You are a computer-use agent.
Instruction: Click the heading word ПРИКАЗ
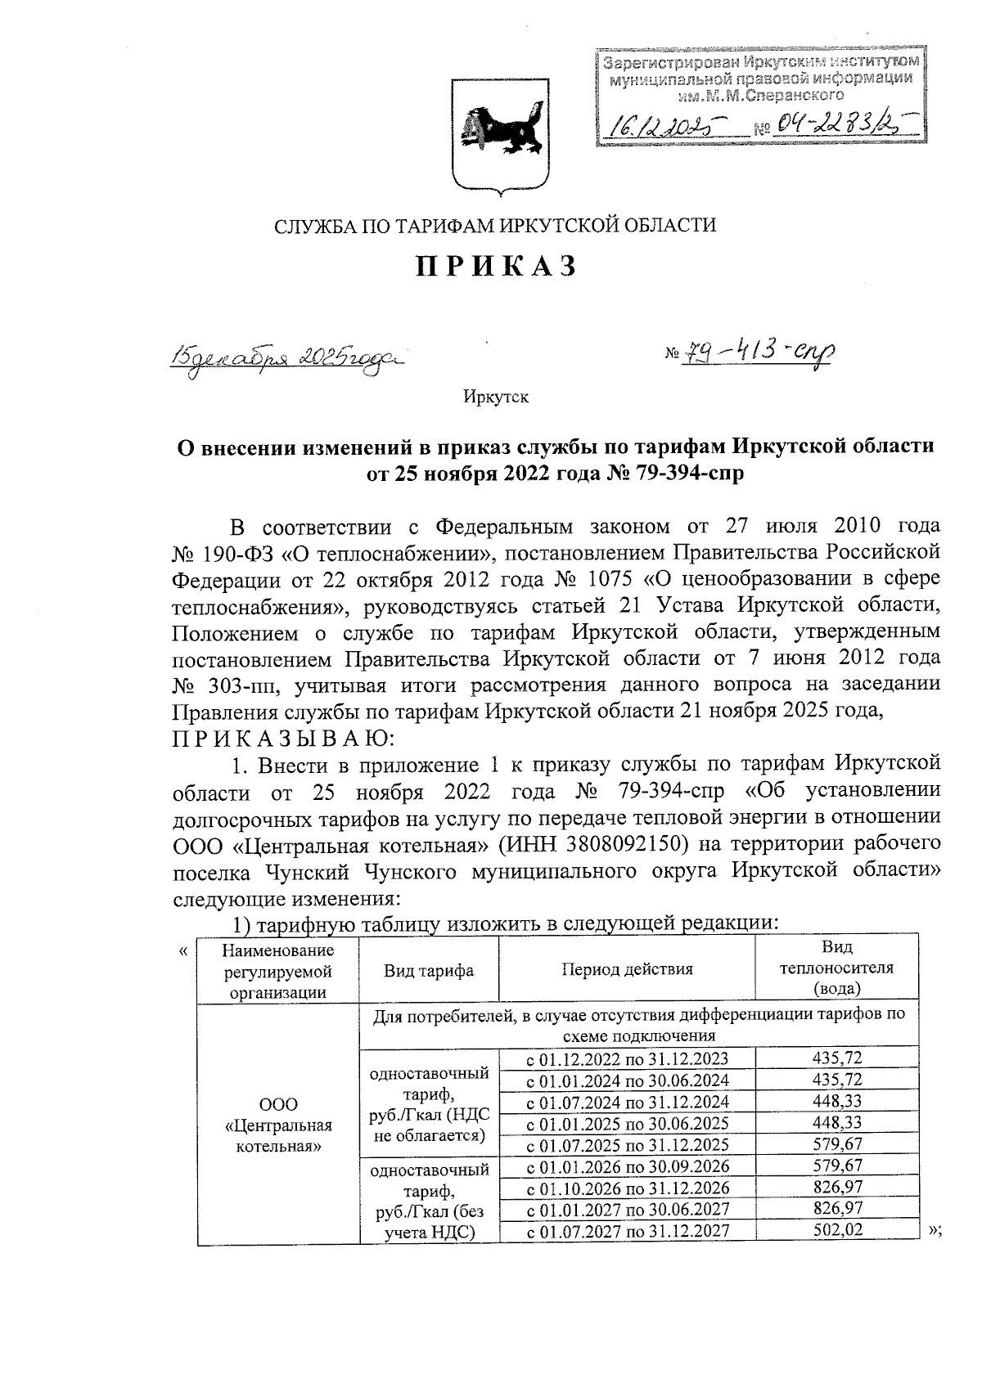[x=496, y=267]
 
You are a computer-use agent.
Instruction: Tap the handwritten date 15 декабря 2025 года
[x=286, y=357]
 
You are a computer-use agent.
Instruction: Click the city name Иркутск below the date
[x=496, y=398]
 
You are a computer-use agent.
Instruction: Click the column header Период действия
[x=627, y=969]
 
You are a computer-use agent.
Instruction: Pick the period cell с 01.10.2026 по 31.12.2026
[x=627, y=1188]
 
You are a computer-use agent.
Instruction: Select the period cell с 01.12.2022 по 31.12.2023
[x=627, y=1059]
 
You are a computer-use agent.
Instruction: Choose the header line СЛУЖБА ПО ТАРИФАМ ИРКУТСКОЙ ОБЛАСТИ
[x=495, y=225]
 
